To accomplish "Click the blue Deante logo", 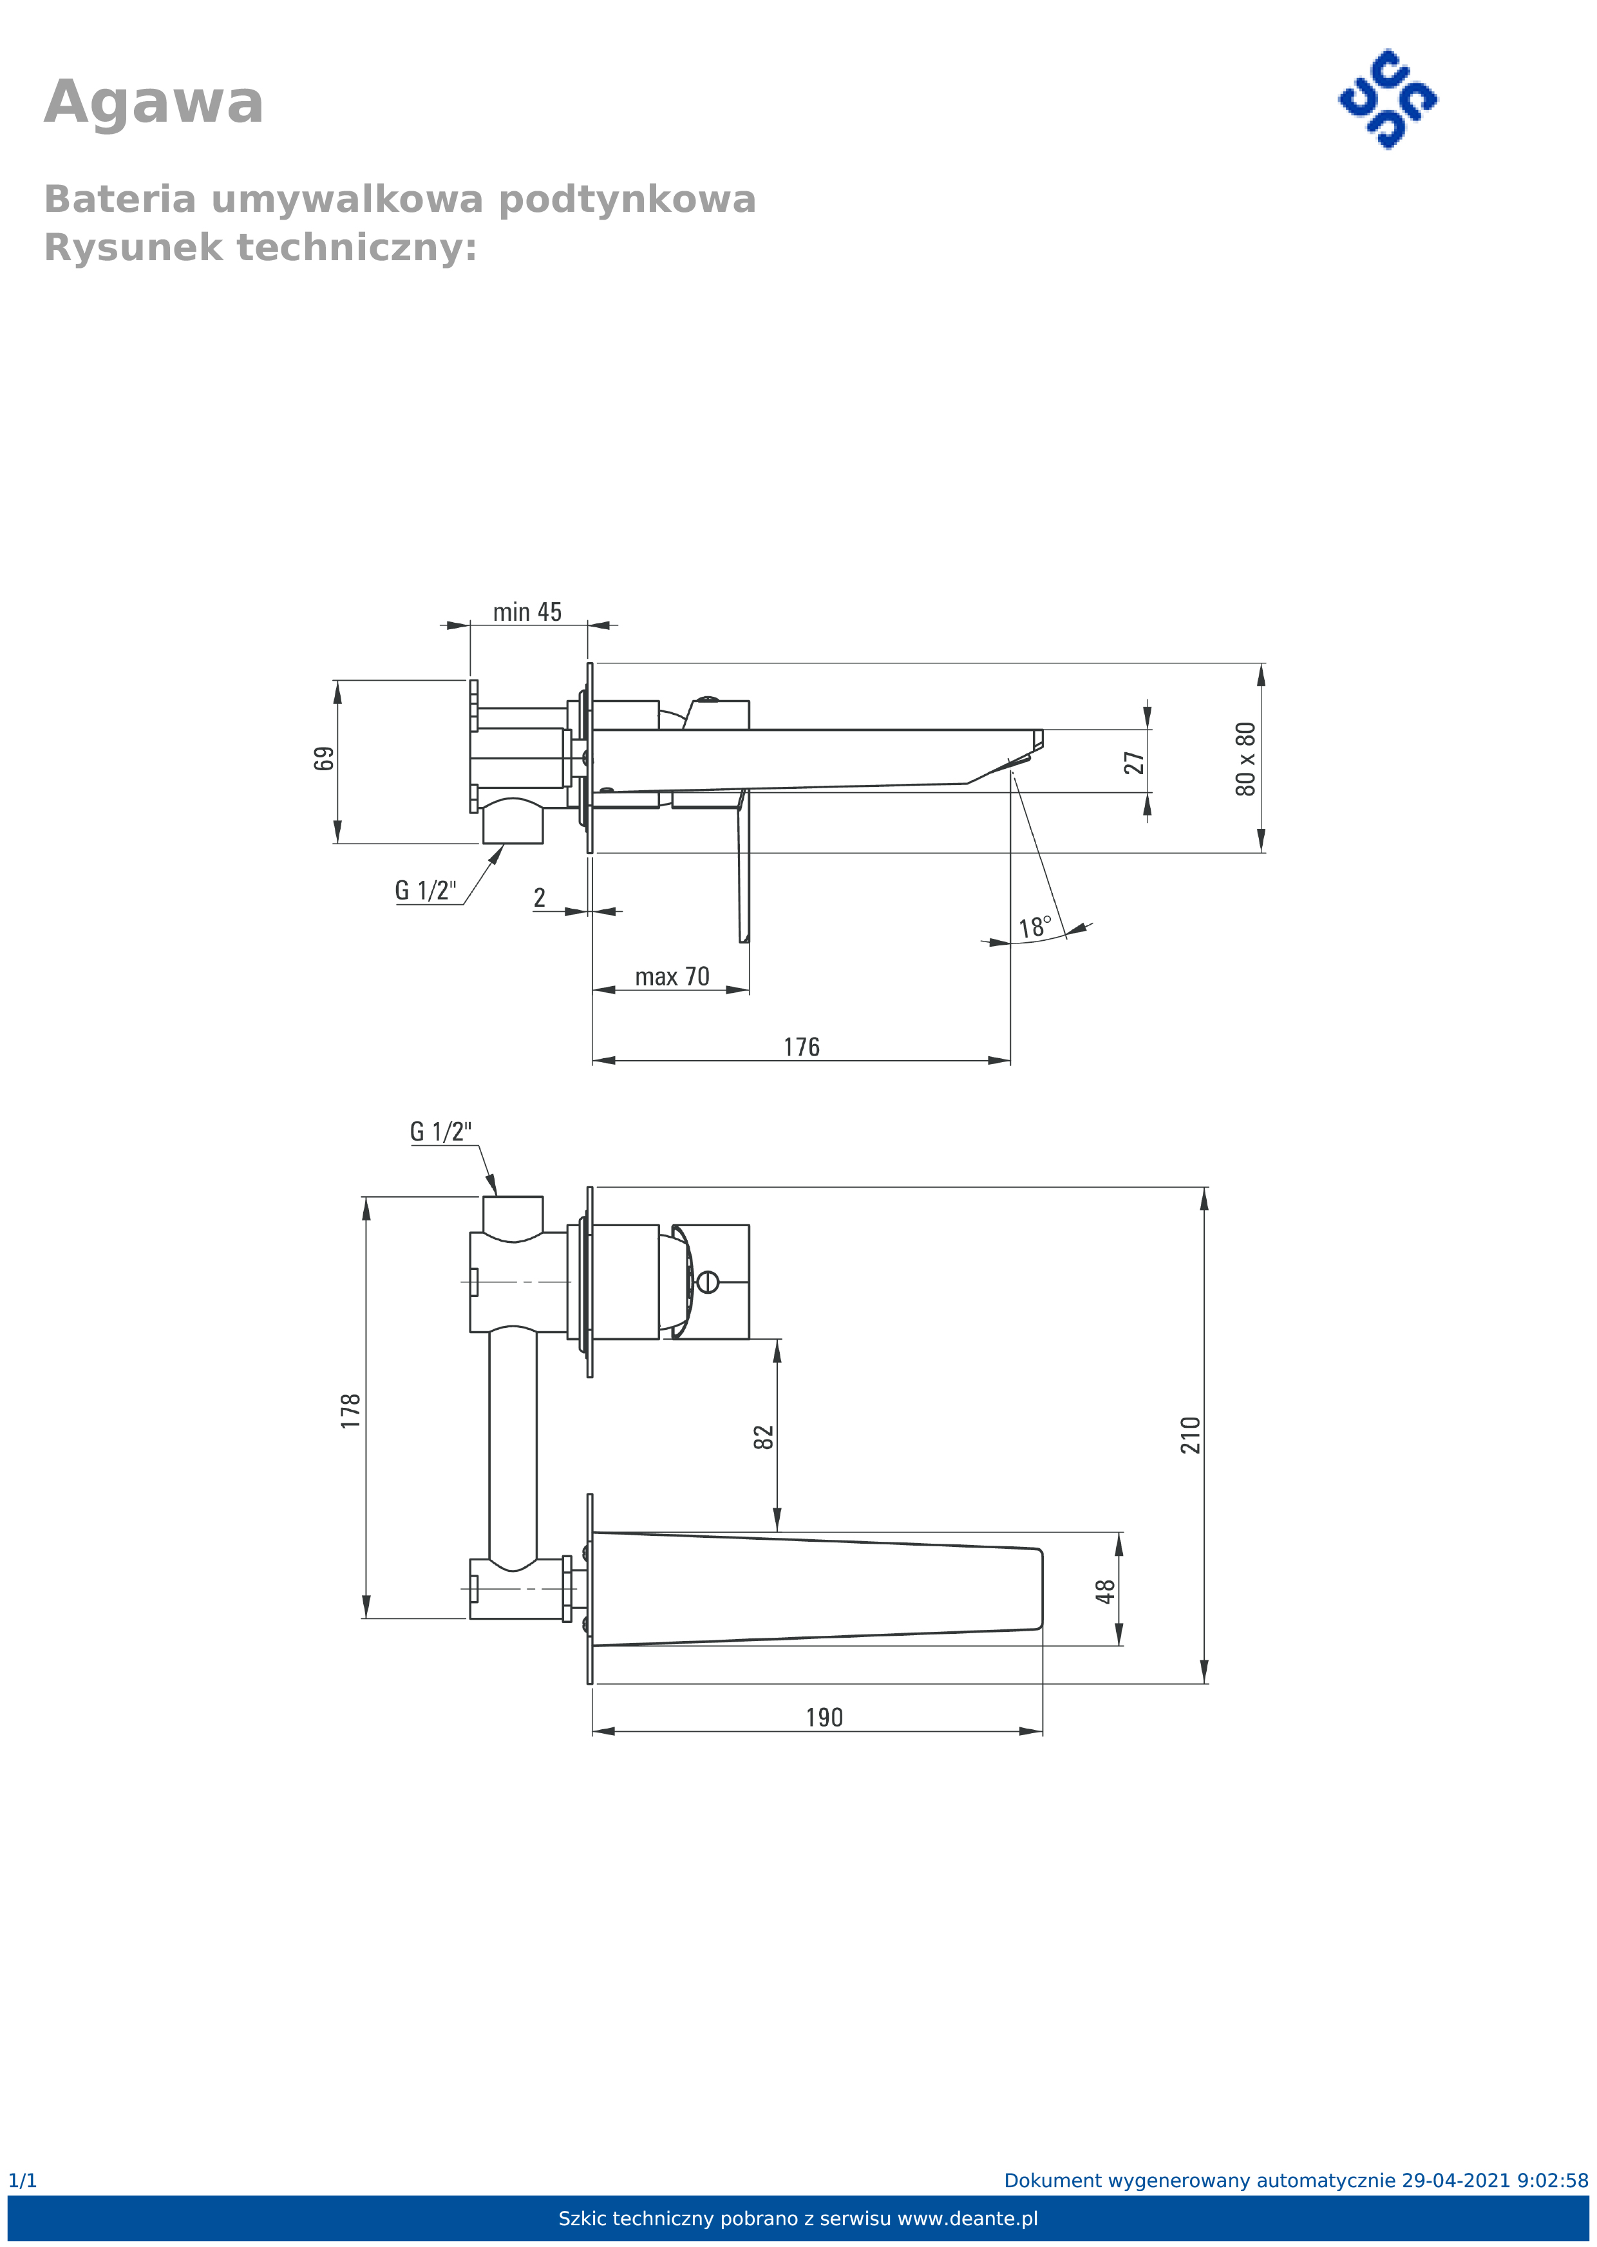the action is [x=1388, y=99].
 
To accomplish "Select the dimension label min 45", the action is [x=527, y=612].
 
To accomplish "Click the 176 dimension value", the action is [x=802, y=1047].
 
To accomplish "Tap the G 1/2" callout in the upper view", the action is [x=426, y=890].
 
